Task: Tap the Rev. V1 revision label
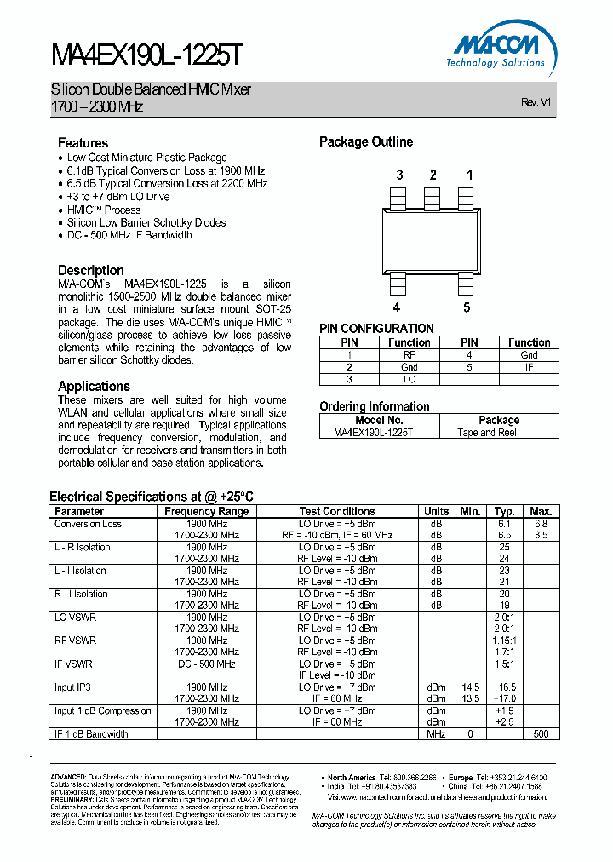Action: [536, 101]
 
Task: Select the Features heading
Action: [83, 143]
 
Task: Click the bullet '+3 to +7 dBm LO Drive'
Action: [118, 197]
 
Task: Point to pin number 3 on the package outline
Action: [398, 175]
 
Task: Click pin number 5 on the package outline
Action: [466, 307]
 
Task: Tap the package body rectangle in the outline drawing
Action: [432, 241]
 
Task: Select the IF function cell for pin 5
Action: [529, 367]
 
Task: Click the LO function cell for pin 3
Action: [409, 379]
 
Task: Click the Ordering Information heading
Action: [374, 406]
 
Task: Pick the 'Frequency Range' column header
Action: [207, 511]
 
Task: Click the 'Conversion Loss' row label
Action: [89, 524]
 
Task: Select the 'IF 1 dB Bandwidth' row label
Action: [91, 734]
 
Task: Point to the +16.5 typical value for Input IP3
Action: [505, 687]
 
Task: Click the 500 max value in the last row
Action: [541, 734]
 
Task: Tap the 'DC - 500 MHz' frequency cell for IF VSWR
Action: [207, 664]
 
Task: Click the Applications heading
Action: [94, 386]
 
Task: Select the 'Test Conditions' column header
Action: [337, 511]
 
